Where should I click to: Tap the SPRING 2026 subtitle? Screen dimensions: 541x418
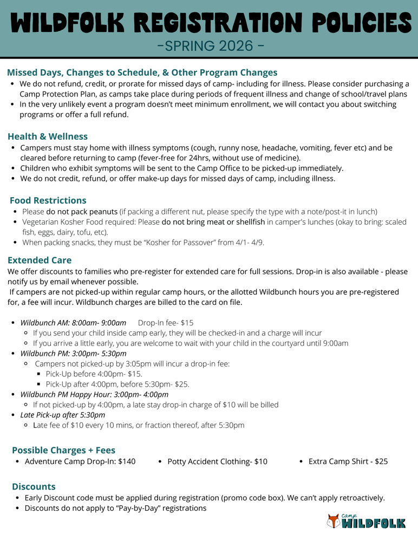click(x=209, y=45)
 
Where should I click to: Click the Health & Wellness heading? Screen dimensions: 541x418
click(x=48, y=136)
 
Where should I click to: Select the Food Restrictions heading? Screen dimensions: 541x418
click(x=48, y=200)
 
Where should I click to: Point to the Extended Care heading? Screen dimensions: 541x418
click(x=40, y=260)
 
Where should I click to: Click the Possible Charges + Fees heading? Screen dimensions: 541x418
click(x=63, y=450)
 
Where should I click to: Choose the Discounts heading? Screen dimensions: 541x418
click(x=34, y=486)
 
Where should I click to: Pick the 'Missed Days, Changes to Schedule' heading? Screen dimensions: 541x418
click(x=142, y=73)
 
